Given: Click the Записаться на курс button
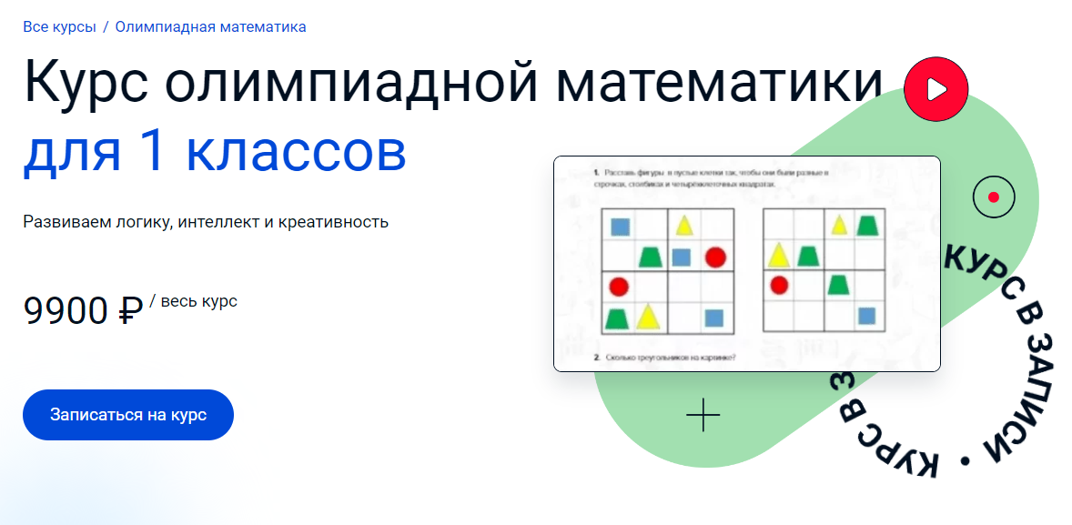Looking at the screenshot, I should [128, 415].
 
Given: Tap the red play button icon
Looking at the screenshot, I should [935, 88].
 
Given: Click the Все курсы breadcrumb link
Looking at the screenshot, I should [59, 26].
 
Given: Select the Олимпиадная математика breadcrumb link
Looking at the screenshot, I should [210, 26].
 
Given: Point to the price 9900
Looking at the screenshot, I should [66, 312].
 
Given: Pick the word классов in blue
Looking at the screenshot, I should [296, 153].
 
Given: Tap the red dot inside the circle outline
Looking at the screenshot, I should [993, 197].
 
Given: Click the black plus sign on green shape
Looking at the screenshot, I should [703, 415].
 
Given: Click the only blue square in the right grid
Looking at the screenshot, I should [866, 316].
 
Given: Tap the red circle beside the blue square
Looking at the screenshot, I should [714, 257].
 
